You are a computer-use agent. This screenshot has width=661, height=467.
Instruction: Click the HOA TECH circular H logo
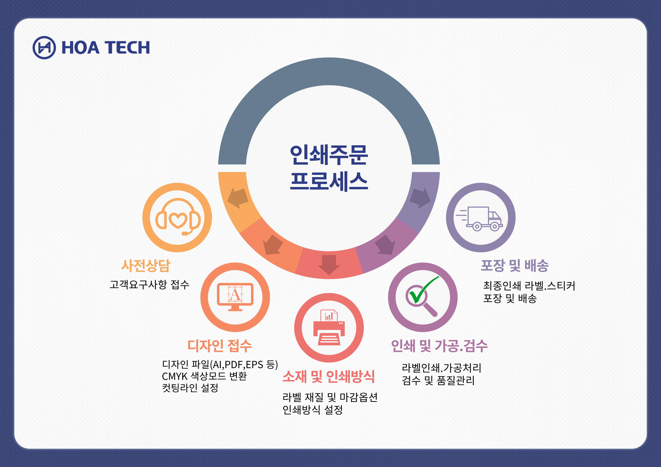coord(44,48)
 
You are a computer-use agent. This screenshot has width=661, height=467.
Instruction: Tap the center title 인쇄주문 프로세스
coord(329,168)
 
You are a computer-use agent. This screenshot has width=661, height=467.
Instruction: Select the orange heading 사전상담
coord(146,265)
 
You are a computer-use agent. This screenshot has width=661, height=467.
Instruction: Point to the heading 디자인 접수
coord(219,346)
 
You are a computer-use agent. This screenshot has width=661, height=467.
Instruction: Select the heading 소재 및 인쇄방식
coord(329,376)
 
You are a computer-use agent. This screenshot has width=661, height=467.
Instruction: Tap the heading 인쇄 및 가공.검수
coord(439,346)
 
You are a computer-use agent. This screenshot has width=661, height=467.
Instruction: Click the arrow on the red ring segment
coord(329,264)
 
